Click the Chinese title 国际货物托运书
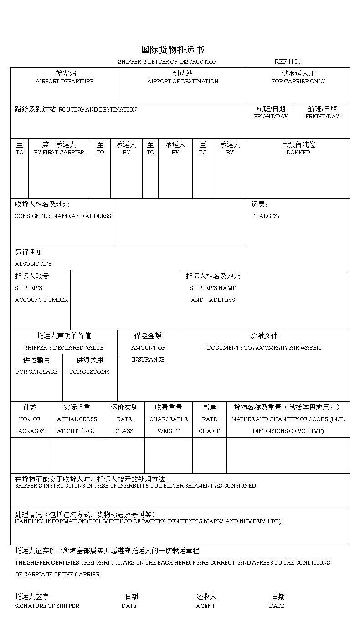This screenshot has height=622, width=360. pyautogui.click(x=172, y=50)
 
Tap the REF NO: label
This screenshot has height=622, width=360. pyautogui.click(x=287, y=61)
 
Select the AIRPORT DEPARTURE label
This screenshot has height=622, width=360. pyautogui.click(x=64, y=82)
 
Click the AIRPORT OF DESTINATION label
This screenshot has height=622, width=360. pyautogui.click(x=182, y=82)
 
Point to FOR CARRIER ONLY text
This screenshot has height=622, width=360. pyautogui.click(x=298, y=82)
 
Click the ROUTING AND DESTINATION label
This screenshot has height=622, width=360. pyautogui.click(x=98, y=110)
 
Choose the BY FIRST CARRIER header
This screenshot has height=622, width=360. pyautogui.click(x=59, y=153)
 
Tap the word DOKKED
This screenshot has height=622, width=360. pyautogui.click(x=298, y=153)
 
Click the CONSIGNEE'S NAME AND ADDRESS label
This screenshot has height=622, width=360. pyautogui.click(x=63, y=216)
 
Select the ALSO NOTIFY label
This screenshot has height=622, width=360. pyautogui.click(x=33, y=264)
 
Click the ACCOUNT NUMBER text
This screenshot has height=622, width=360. pyautogui.click(x=41, y=300)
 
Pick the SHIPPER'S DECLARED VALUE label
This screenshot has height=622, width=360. pyautogui.click(x=64, y=348)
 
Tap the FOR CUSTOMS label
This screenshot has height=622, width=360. pyautogui.click(x=90, y=372)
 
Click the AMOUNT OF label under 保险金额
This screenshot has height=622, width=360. pyautogui.click(x=148, y=348)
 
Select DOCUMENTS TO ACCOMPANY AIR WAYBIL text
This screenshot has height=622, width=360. pyautogui.click(x=264, y=348)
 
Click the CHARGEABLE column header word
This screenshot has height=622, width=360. pyautogui.click(x=169, y=419)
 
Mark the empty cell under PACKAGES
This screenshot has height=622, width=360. pyautogui.click(x=30, y=455)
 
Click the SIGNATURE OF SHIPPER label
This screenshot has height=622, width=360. pyautogui.click(x=47, y=606)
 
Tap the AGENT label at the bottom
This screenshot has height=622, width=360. pyautogui.click(x=206, y=606)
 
